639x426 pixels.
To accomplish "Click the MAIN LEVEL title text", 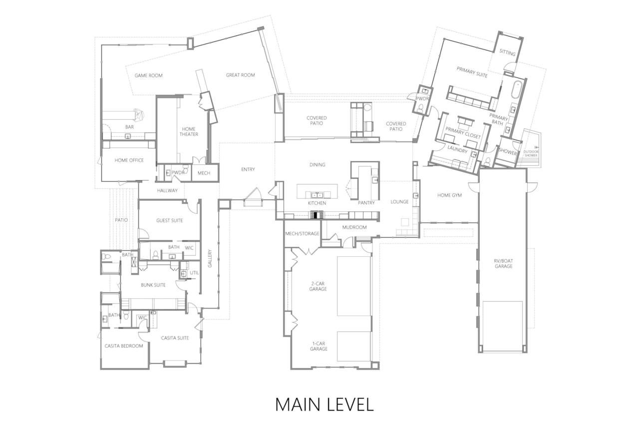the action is (x=324, y=404).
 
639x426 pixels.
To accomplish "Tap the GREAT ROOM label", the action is (x=240, y=75).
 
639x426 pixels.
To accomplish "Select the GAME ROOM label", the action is (x=148, y=75).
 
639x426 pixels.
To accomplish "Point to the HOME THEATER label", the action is (x=189, y=131).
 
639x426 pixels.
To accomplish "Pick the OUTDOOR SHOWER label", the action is (x=531, y=153).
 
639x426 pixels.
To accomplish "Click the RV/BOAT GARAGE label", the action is (x=504, y=263).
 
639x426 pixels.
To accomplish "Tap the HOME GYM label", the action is (x=449, y=195).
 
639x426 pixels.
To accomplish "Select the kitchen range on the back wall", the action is (x=317, y=215).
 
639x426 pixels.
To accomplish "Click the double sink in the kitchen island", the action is (x=317, y=195).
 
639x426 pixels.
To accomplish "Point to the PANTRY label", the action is (x=366, y=203).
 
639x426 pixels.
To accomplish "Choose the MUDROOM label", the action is (x=354, y=227).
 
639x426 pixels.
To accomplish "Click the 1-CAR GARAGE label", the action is (x=319, y=346).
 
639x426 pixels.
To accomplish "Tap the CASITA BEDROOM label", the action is (x=124, y=346).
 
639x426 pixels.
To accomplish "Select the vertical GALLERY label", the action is (x=210, y=259).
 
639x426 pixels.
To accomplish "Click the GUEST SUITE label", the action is (x=169, y=220).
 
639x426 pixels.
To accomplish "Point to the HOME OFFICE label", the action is (x=129, y=160).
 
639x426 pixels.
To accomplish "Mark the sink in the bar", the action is (x=128, y=136).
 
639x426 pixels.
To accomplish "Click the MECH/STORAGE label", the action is (x=302, y=233).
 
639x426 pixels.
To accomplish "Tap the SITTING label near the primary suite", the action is (x=508, y=53).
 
